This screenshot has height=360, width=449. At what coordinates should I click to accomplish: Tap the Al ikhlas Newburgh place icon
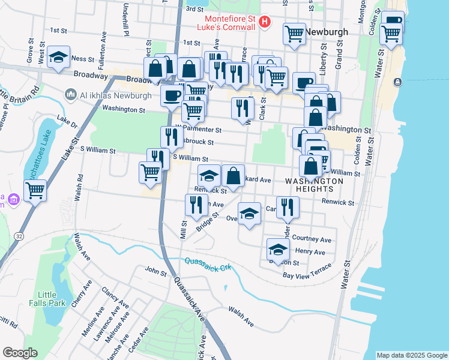[x=71, y=94]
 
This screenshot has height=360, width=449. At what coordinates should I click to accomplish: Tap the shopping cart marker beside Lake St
[x=35, y=191]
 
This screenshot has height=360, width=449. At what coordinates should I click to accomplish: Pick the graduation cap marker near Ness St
[x=58, y=58]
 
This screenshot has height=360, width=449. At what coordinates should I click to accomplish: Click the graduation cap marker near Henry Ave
[x=278, y=248]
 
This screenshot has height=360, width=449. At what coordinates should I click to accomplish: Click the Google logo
[x=20, y=353]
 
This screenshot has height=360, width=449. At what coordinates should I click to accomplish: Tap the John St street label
[x=155, y=272]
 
